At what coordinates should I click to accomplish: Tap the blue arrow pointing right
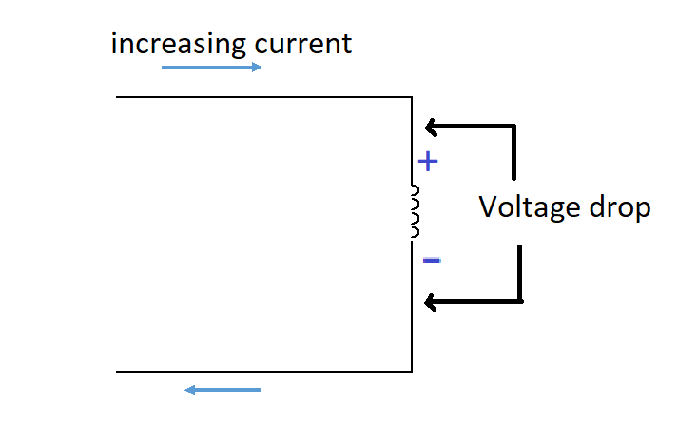(x=211, y=68)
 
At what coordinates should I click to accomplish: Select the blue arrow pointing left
(x=223, y=389)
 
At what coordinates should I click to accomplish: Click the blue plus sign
(x=428, y=162)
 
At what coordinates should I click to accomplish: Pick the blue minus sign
(x=431, y=259)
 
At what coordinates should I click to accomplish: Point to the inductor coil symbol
(x=414, y=211)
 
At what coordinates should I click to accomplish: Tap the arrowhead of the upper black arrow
(x=430, y=126)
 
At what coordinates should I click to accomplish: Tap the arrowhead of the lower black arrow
(x=430, y=303)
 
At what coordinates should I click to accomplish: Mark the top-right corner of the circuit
(x=412, y=97)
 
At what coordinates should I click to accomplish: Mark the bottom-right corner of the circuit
(x=412, y=371)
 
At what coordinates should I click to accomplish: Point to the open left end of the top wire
(x=117, y=97)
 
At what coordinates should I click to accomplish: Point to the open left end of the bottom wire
(x=117, y=371)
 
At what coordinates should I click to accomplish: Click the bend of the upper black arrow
(x=513, y=126)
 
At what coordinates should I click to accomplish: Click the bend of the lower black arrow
(x=521, y=302)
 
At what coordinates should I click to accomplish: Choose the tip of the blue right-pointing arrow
(x=260, y=68)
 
